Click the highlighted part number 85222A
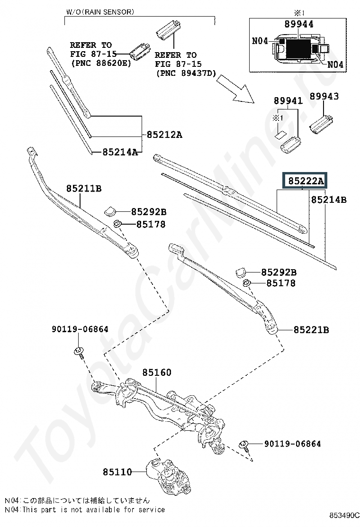click(x=306, y=181)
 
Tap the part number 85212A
click(x=164, y=135)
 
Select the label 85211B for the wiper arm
click(x=84, y=189)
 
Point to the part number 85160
click(x=157, y=372)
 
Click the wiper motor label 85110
click(x=117, y=472)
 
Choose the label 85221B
click(x=311, y=330)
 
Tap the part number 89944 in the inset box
click(x=299, y=24)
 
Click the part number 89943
click(x=324, y=96)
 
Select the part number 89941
click(x=288, y=100)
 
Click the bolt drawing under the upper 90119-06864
click(x=79, y=353)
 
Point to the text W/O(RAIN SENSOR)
click(x=100, y=12)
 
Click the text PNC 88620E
click(x=101, y=63)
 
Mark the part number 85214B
click(x=329, y=200)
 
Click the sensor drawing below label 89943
click(x=321, y=124)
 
